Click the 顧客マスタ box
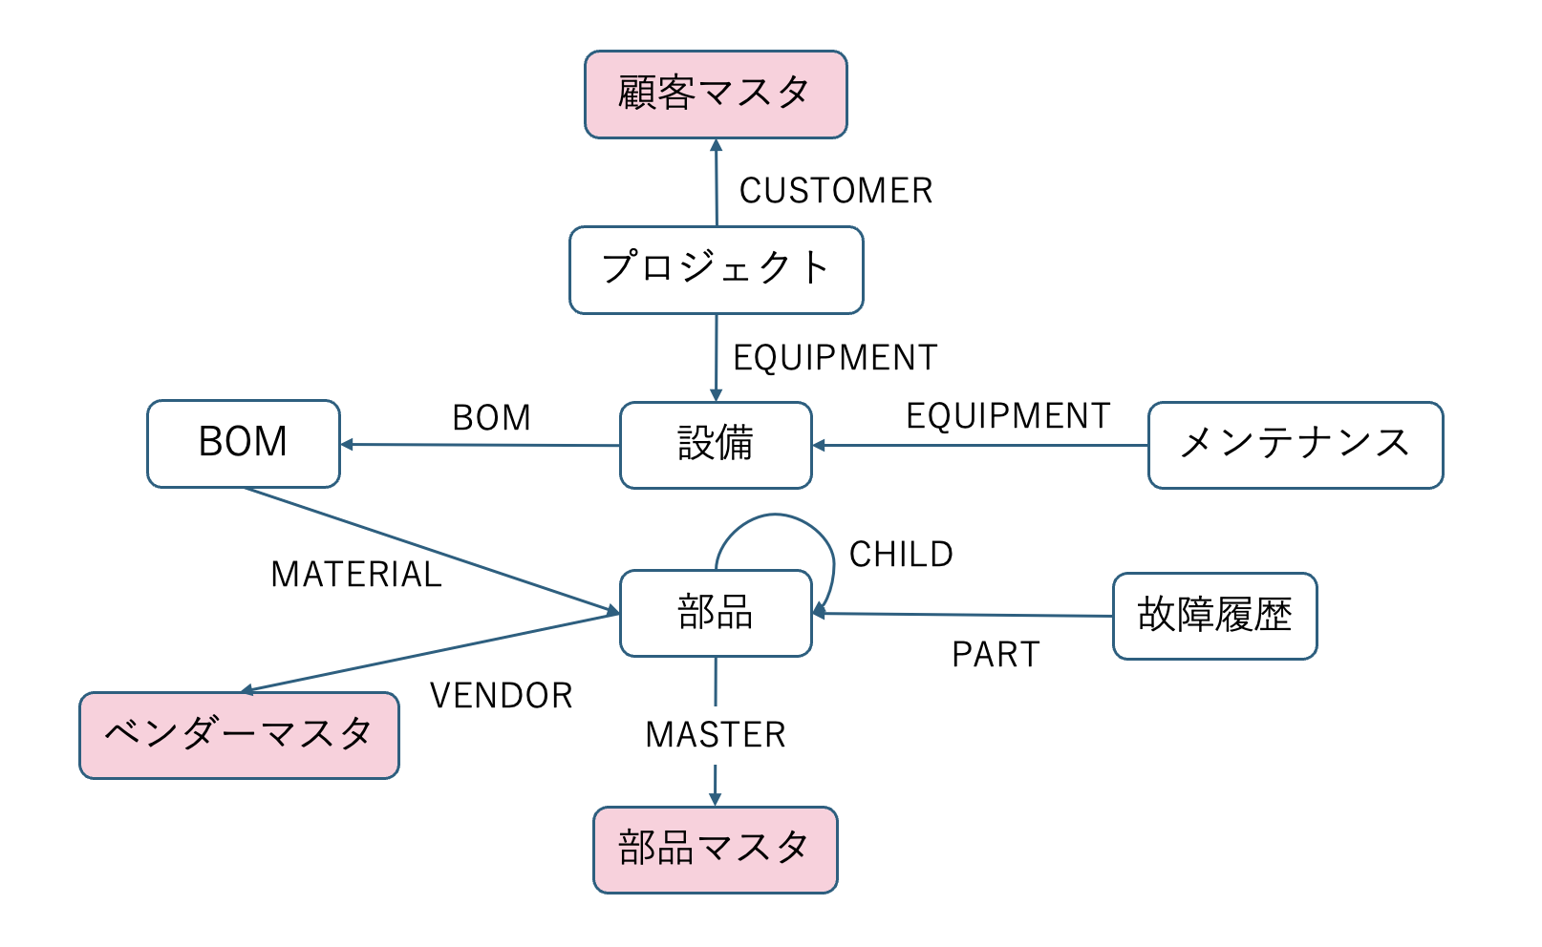coord(716,95)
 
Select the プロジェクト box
coord(716,269)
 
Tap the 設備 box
coord(716,445)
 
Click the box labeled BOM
coord(244,443)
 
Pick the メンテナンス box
coord(1295,445)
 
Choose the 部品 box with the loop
coord(716,613)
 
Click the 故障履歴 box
coord(1214,616)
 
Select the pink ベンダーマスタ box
coord(239,735)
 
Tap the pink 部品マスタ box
coord(715,850)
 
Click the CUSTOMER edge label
coord(836,191)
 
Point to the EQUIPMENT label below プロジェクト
coord(835,358)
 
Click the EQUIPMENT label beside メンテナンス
coord(1008,416)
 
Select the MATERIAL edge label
coord(356,575)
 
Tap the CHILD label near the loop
coord(901,555)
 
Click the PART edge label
coord(996,655)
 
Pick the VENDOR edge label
coord(502,696)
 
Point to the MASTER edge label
coord(716,735)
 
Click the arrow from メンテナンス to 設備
coord(979,445)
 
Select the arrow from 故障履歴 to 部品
coord(965,615)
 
